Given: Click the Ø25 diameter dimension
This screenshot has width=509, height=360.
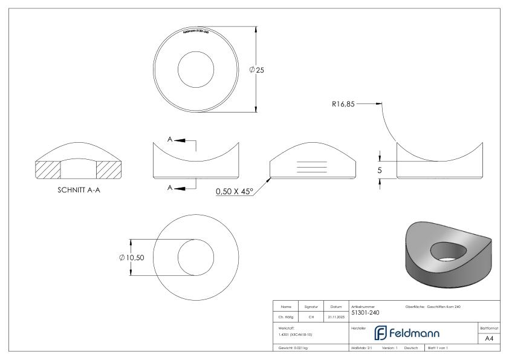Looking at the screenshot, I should pyautogui.click(x=257, y=70).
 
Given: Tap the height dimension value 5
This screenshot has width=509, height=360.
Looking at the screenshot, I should pyautogui.click(x=380, y=171).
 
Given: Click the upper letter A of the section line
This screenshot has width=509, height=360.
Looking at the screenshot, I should pyautogui.click(x=170, y=140).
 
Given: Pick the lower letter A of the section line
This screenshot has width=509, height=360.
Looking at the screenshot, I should pyautogui.click(x=170, y=188).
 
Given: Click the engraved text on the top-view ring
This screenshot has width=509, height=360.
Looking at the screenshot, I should pyautogui.click(x=195, y=30).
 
